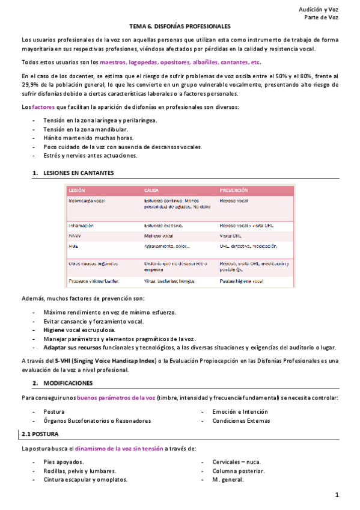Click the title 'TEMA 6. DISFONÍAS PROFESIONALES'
click(180, 27)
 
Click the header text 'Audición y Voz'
click(319, 10)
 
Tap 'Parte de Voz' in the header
click(322, 18)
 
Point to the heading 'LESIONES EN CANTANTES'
click(78, 173)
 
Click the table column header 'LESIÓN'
click(77, 190)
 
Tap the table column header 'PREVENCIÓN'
click(234, 190)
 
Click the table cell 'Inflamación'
click(82, 226)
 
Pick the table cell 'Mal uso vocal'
click(159, 236)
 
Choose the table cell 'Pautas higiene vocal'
click(242, 281)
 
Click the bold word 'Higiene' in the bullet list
click(54, 330)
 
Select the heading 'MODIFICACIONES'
click(67, 382)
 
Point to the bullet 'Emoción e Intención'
click(240, 412)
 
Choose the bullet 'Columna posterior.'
click(238, 471)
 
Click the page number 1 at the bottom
click(338, 495)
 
